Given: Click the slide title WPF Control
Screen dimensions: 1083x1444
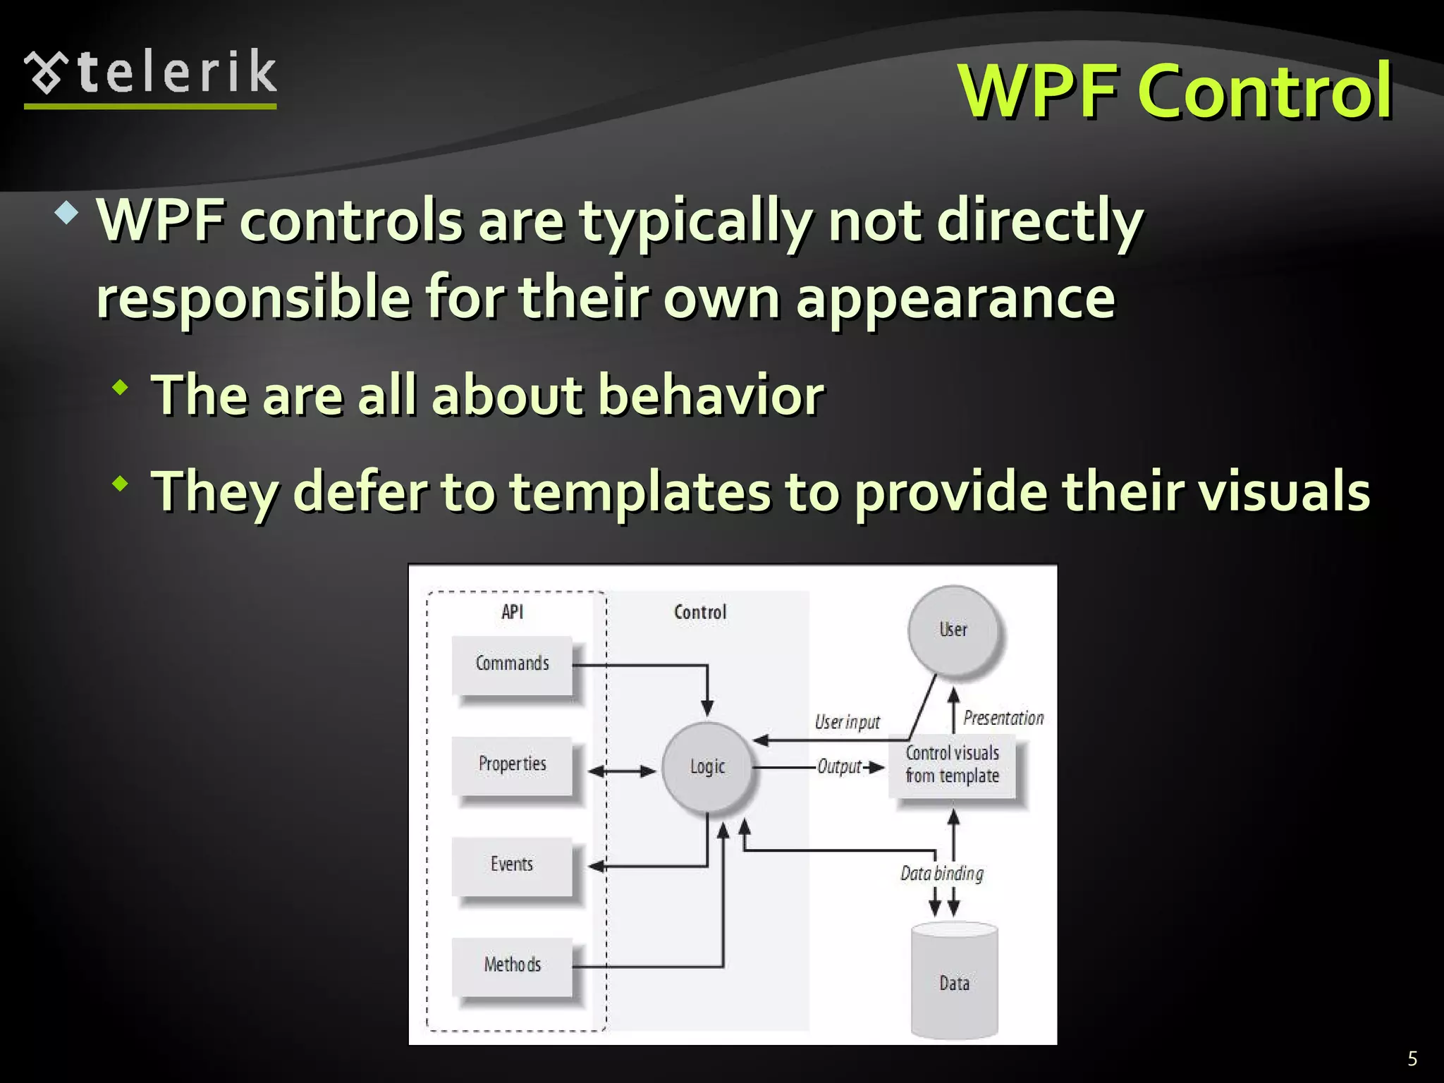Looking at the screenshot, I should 1175,92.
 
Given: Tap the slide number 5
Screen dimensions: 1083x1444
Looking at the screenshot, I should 1412,1058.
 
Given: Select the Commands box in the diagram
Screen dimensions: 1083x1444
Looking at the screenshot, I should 512,664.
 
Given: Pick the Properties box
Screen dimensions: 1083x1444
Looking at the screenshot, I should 512,765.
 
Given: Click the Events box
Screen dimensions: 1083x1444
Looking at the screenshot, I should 512,865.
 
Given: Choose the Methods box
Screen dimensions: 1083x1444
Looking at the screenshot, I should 512,965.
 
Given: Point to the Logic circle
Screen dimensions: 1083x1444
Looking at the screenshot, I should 707,767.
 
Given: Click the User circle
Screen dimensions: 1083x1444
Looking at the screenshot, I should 953,630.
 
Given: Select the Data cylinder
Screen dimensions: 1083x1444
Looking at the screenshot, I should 954,982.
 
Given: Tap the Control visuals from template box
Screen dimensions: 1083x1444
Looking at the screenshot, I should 952,765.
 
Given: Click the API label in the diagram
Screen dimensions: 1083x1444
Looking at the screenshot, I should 513,612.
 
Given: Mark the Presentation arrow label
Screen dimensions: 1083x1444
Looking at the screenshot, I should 1003,718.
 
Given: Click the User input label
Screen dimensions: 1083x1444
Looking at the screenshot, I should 847,723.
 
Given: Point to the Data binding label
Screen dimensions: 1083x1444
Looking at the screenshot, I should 941,874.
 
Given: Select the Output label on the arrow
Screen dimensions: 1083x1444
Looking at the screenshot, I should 839,767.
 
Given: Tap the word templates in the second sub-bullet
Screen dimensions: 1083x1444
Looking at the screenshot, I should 640,491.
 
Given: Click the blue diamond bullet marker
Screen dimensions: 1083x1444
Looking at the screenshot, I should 66,213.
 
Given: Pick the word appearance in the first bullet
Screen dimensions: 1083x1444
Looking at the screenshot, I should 955,298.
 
